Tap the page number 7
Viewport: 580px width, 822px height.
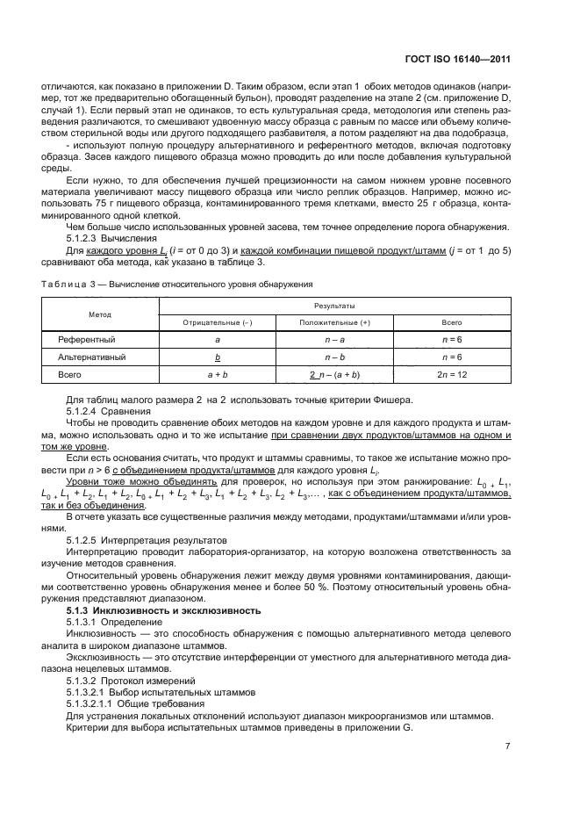tap(507, 746)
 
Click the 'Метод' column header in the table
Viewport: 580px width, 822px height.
tap(99, 314)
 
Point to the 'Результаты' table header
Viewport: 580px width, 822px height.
tap(334, 306)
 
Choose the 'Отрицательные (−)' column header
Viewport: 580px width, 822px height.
tap(216, 322)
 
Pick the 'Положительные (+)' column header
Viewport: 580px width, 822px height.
tap(334, 322)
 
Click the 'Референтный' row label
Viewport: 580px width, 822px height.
tap(87, 339)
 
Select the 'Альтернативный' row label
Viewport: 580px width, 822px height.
tap(91, 357)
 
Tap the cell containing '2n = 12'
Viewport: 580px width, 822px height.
tap(452, 375)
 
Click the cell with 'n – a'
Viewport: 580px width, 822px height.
tap(334, 339)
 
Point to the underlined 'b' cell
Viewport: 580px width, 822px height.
tap(217, 357)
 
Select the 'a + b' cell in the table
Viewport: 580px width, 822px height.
tap(217, 375)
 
